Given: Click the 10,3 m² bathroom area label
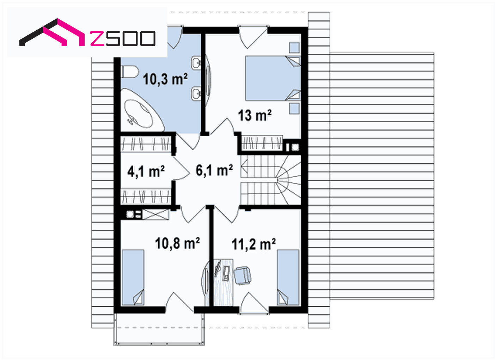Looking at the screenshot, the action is tap(165, 79).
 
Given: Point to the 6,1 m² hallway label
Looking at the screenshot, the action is tap(214, 170).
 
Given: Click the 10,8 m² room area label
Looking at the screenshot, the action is tap(177, 243).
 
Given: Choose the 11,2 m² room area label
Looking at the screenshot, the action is tap(253, 244).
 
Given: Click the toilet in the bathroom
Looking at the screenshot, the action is tap(130, 71).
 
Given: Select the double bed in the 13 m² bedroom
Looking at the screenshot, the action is tap(273, 78).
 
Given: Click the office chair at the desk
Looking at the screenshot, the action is tap(243, 275).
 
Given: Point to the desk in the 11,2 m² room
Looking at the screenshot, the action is tap(223, 282).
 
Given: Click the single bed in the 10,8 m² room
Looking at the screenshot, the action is tap(133, 278).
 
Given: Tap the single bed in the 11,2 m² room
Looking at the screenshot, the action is tap(288, 278).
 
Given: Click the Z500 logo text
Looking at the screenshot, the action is tap(123, 39).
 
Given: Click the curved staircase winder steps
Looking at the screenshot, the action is tap(288, 180).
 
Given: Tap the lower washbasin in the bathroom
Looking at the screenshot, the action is tap(196, 93).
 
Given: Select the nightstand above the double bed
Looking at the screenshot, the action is tap(295, 48).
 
